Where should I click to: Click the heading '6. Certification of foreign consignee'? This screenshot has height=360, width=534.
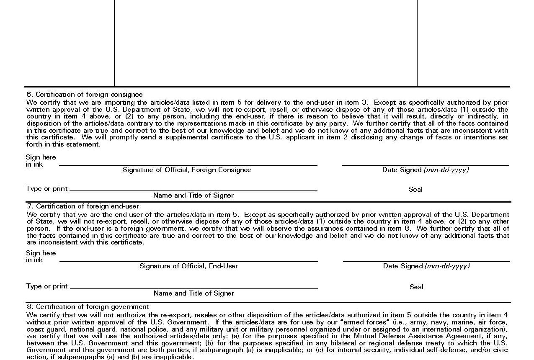point(84,95)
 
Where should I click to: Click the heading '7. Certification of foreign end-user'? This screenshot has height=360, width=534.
point(83,206)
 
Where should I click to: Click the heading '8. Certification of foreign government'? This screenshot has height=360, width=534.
point(88,307)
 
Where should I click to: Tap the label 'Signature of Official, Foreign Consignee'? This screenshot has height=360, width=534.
point(187,170)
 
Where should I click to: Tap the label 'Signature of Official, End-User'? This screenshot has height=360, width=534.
point(188,266)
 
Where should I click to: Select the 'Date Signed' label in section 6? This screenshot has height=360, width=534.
point(425,170)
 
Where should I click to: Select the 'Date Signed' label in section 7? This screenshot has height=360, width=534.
point(426,266)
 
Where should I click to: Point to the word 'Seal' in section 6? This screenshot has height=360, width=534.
point(415,190)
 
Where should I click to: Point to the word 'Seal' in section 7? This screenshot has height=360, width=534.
point(416,287)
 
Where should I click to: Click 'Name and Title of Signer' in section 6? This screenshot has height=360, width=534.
point(193,195)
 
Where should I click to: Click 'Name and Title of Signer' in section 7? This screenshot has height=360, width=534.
point(194,293)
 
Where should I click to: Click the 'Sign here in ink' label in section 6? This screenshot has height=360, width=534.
point(40,161)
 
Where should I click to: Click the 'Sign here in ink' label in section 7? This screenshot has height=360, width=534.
point(41,257)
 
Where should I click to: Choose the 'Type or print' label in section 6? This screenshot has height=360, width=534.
point(46,189)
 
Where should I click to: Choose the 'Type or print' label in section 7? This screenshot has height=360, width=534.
point(47,286)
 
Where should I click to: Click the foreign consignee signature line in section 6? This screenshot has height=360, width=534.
point(188,165)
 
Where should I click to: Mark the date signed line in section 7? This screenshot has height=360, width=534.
point(426,261)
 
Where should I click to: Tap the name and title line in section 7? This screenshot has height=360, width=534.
point(194,288)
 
